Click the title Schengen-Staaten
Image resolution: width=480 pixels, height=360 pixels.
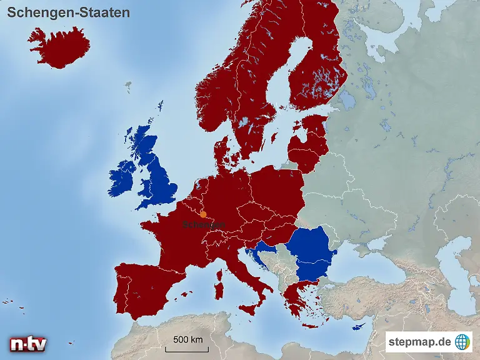point(69,12)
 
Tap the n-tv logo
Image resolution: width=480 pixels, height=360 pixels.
point(27,344)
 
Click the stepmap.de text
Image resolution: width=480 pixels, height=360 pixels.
point(419,342)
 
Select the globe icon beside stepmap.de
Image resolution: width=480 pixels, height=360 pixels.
point(462,342)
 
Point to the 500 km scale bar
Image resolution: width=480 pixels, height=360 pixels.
point(187,343)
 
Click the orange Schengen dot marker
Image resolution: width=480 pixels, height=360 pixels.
point(203,214)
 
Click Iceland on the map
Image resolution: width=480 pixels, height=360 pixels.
point(59,47)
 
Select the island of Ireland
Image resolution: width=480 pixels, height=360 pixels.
point(124,178)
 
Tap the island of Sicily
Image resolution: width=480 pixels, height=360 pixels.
point(250,308)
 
